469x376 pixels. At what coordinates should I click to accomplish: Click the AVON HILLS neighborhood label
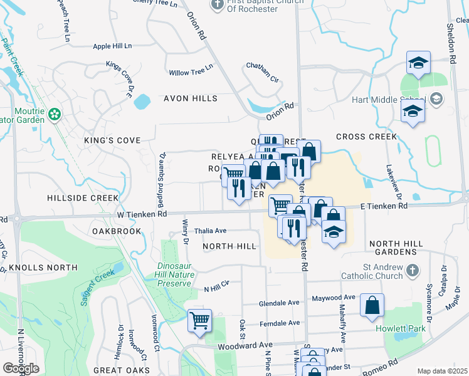tap(182, 98)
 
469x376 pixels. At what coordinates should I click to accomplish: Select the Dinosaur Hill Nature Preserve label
tap(164, 274)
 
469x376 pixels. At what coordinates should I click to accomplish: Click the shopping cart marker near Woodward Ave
tap(200, 321)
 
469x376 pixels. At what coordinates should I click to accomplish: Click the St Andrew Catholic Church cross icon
tap(412, 270)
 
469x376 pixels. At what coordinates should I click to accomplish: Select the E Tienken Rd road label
tap(384, 206)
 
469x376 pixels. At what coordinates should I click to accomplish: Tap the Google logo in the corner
tap(21, 368)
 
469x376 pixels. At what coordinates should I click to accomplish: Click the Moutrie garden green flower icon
tap(55, 114)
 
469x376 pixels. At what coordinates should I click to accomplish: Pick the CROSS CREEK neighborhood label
tap(366, 137)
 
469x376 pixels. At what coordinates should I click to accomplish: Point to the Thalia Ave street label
tap(210, 231)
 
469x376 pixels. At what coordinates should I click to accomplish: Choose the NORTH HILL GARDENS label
tap(402, 247)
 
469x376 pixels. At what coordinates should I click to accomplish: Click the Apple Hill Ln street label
tap(112, 46)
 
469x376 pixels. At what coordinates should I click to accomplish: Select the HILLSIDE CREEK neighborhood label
tap(82, 197)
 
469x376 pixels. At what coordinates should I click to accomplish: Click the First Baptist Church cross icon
tap(217, 4)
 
